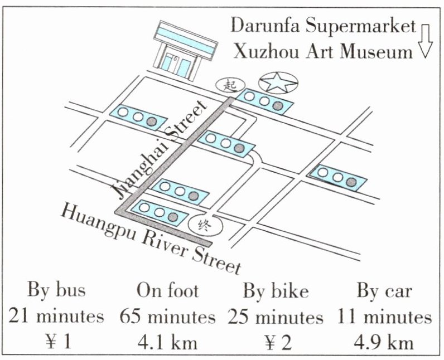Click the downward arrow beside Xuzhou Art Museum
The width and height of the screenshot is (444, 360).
(426, 41)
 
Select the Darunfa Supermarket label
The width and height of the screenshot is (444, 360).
(324, 25)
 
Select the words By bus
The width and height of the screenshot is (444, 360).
(56, 290)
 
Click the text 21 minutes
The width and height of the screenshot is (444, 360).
(56, 316)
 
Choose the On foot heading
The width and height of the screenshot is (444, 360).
(167, 290)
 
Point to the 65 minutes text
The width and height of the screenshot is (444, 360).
(167, 316)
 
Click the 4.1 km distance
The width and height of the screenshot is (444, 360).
(167, 342)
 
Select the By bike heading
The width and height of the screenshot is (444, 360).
(276, 290)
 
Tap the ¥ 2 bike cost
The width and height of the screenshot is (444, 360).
(276, 342)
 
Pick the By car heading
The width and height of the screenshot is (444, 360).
(384, 290)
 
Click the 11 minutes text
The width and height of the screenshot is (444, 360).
(384, 316)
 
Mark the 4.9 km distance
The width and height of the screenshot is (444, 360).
(384, 342)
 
